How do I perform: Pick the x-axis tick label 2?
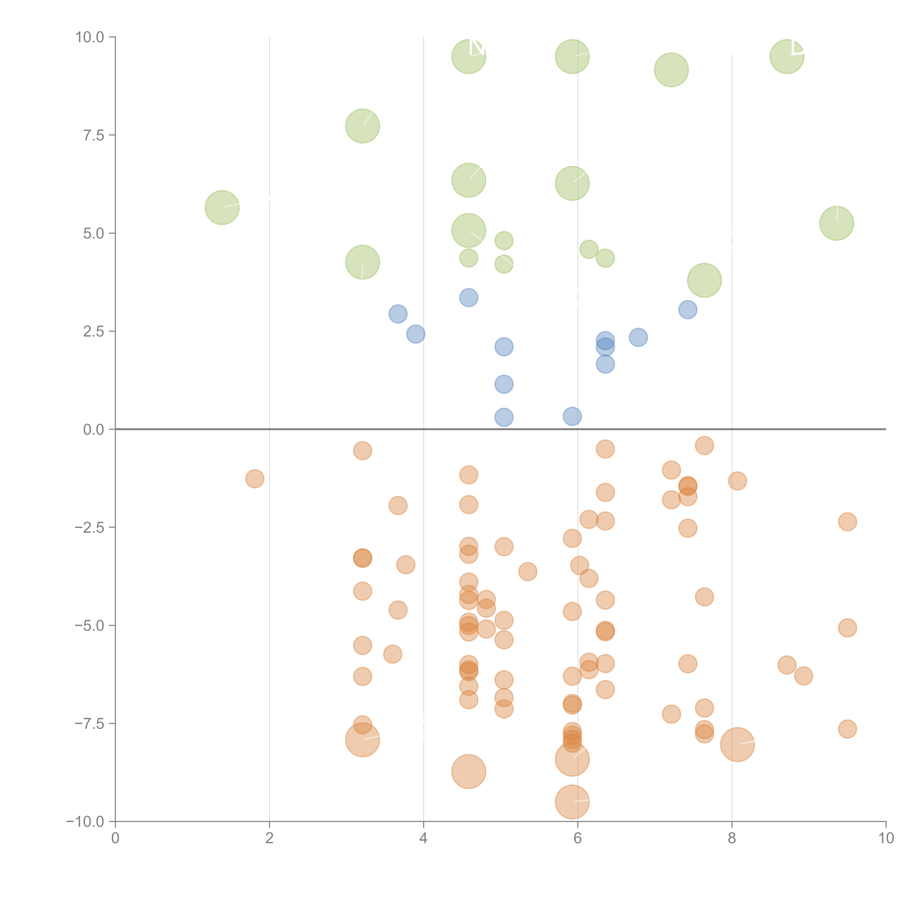point(270,838)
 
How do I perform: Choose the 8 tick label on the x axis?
point(732,838)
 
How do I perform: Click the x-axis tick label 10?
point(886,838)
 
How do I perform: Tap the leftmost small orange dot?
point(255,479)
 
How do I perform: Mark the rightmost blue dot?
point(687,310)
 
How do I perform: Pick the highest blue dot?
point(469,298)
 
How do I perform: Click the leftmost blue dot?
point(398,314)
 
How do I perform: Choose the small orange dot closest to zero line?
point(704,446)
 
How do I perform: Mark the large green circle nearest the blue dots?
point(704,280)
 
